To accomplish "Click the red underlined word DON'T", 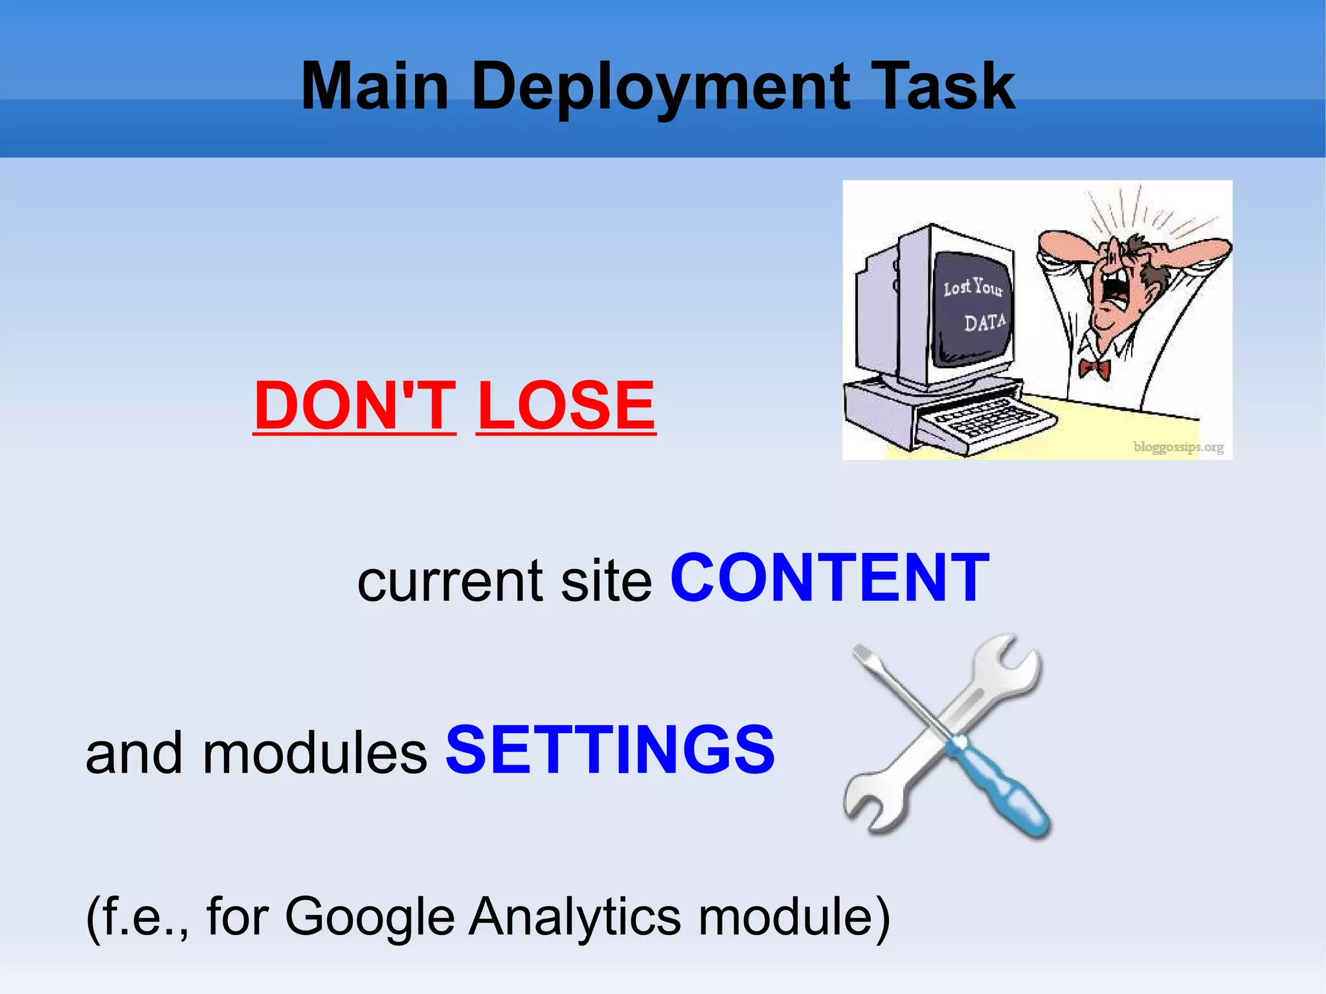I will (x=354, y=405).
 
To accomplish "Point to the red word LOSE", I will (x=566, y=405).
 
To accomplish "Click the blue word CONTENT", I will (x=829, y=578).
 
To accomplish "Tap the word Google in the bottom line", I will (x=370, y=916).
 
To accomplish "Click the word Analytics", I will (x=575, y=916).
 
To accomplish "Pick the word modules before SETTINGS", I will (x=314, y=753).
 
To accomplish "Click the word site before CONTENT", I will (x=606, y=580).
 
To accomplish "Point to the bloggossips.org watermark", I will (x=1178, y=447).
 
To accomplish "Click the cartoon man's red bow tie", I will (x=1094, y=370).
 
